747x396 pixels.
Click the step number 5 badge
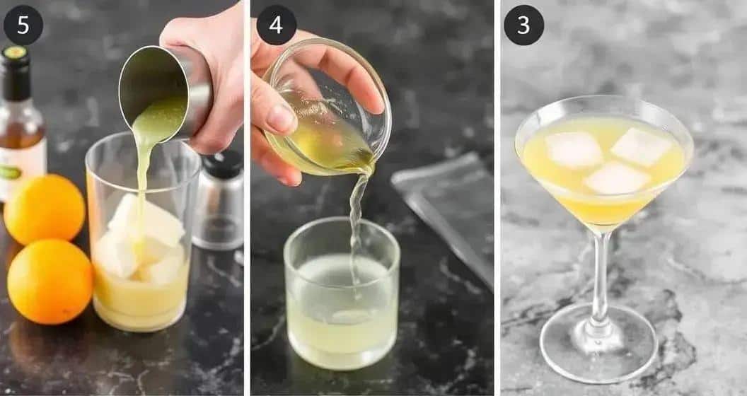(x=23, y=25)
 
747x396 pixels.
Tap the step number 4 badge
(x=277, y=25)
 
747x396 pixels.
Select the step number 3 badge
(x=523, y=25)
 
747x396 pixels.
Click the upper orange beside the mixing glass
(x=45, y=209)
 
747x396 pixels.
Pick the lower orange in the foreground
(x=50, y=281)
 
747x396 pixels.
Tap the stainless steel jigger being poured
(x=164, y=93)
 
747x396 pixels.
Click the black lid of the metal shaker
(x=223, y=164)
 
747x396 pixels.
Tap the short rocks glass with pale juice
(x=342, y=293)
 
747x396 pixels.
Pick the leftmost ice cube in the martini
(x=574, y=150)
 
